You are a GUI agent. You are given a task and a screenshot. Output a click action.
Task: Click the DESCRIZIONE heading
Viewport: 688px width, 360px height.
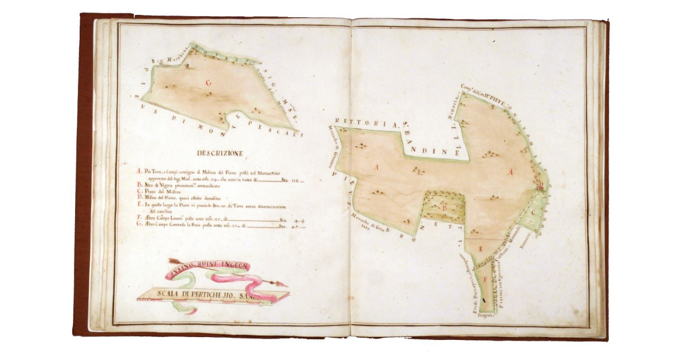pyautogui.click(x=220, y=154)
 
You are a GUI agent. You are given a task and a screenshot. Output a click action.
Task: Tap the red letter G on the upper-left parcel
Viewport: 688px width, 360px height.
pyautogui.click(x=208, y=83)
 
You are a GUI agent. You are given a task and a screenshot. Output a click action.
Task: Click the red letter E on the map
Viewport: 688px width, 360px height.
pyautogui.click(x=481, y=248)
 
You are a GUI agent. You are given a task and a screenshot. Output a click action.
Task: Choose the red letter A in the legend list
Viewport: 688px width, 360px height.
pyautogui.click(x=139, y=171)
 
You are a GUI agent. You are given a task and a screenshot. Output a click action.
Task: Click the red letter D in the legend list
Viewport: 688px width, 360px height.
pyautogui.click(x=139, y=198)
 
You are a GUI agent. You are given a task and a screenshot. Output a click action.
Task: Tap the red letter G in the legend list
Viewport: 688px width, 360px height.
pyautogui.click(x=139, y=225)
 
